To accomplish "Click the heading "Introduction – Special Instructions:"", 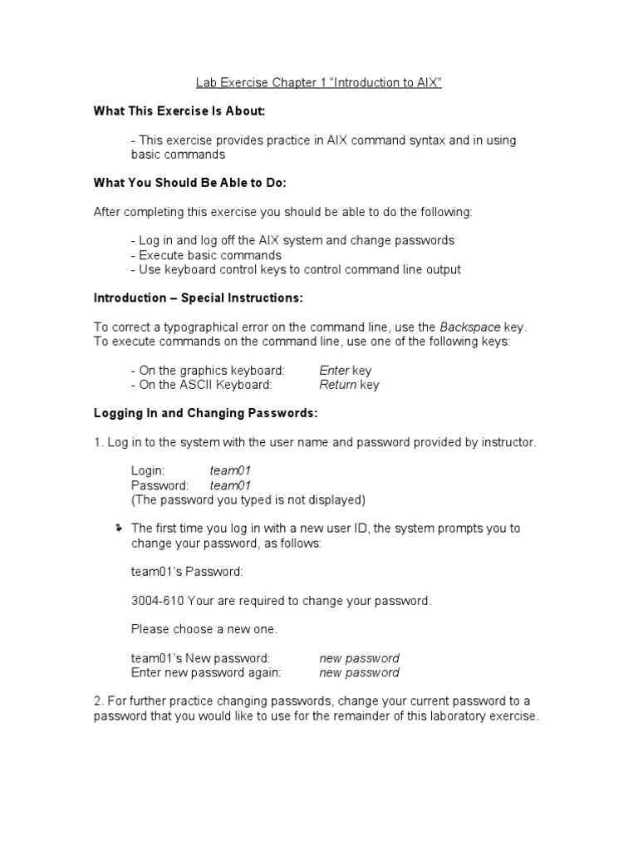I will (198, 298).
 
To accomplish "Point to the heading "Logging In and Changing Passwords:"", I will (205, 413).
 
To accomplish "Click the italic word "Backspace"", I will (469, 327).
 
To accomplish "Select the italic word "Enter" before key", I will (334, 370).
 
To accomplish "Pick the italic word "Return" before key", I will (337, 385).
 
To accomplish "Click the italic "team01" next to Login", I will (230, 470).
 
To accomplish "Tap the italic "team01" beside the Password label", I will (230, 485).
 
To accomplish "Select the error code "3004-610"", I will (158, 600).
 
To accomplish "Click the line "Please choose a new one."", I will (204, 629).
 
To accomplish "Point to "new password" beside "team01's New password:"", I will (359, 658).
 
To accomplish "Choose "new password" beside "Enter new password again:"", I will (359, 672).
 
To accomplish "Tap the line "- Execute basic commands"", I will (206, 255).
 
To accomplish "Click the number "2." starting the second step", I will (99, 701).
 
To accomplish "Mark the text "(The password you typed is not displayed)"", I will (248, 499).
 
